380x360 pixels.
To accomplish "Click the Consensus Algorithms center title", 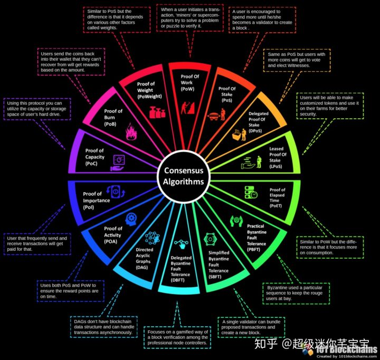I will click(183, 176).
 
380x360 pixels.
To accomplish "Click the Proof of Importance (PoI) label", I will click(97, 201).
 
